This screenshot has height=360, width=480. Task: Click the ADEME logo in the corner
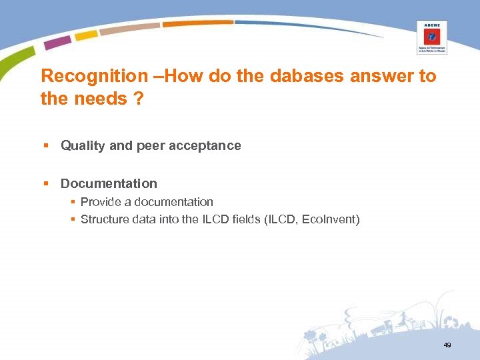(431, 36)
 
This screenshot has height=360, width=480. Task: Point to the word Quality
(83, 145)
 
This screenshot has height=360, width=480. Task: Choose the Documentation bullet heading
(109, 183)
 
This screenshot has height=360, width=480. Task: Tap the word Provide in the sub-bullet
(99, 201)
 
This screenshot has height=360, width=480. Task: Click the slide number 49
(446, 345)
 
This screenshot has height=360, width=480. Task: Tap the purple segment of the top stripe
(57, 42)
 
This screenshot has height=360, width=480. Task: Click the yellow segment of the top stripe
(86, 35)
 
